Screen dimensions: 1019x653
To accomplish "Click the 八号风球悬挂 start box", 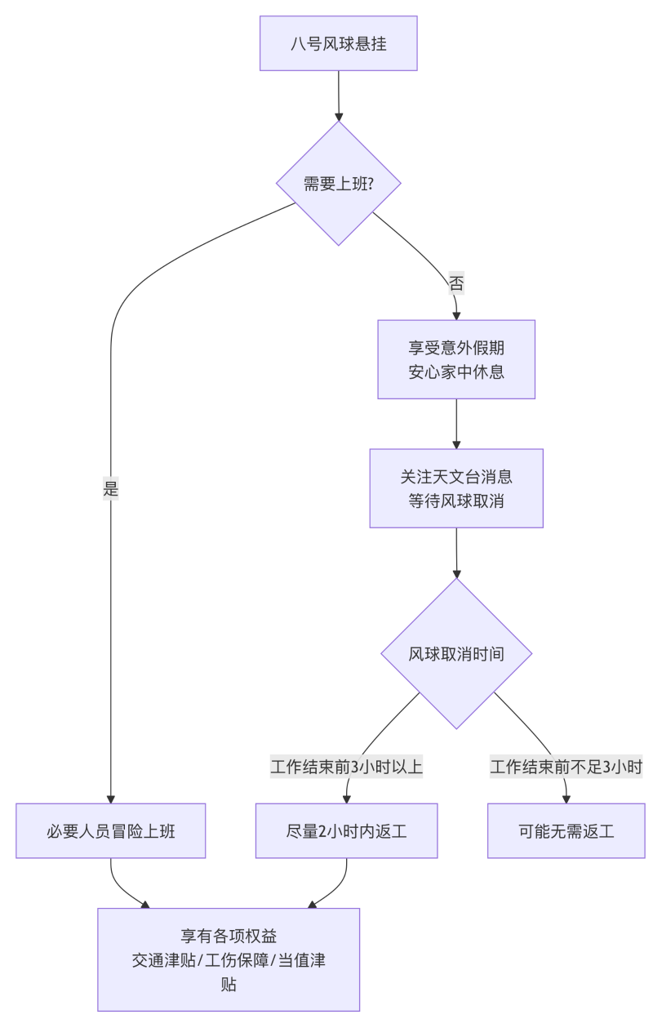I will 339,43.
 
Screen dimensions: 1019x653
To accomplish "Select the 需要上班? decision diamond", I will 339,183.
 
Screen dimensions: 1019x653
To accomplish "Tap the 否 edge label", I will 456,284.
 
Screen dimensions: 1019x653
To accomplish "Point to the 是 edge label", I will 111,490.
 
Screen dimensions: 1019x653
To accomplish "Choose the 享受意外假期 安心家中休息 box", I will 456,359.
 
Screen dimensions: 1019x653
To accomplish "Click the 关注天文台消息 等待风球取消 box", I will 456,488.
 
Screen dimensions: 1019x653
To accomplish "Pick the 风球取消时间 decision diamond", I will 456,654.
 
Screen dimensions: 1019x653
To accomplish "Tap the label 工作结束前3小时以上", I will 347,768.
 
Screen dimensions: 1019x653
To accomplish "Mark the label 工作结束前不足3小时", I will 566,768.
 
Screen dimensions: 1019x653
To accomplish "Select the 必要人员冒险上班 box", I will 111,831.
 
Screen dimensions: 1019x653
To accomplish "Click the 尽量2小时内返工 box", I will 347,831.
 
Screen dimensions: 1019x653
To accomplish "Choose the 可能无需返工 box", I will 566,831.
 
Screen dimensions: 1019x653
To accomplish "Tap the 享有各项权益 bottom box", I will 229,959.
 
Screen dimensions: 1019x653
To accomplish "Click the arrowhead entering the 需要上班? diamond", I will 339,116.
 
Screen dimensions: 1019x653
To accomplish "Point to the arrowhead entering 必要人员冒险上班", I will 111,799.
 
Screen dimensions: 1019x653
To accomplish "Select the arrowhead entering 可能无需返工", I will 566,799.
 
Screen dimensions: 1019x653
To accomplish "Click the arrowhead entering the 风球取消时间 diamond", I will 456,573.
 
